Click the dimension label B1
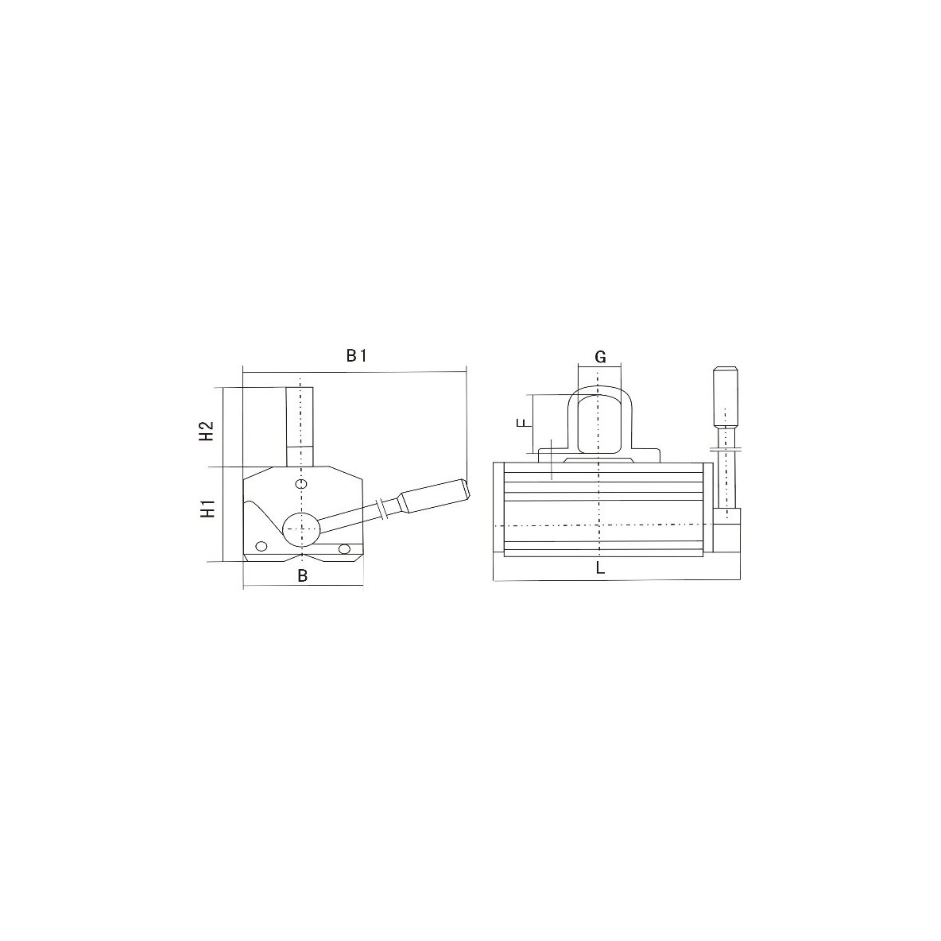(x=356, y=356)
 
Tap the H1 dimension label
(x=207, y=509)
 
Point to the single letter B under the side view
(x=302, y=576)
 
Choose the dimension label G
(x=601, y=357)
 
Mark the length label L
(x=601, y=568)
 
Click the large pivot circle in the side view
(x=300, y=528)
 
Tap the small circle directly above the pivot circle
(x=300, y=484)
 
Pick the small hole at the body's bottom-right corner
(x=344, y=548)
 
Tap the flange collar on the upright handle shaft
(x=725, y=450)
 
